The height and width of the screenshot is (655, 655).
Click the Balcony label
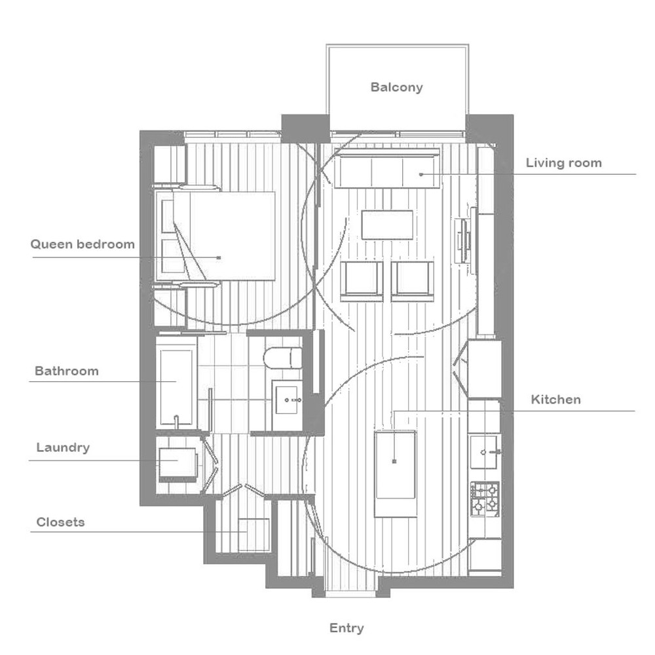click(396, 87)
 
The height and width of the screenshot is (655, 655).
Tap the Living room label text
click(563, 162)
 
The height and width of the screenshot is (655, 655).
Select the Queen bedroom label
click(83, 244)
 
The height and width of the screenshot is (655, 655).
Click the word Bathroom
click(66, 371)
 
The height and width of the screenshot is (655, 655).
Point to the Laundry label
click(63, 447)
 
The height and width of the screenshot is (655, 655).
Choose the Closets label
click(60, 522)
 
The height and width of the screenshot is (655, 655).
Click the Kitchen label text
click(555, 400)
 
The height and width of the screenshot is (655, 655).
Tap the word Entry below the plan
click(346, 628)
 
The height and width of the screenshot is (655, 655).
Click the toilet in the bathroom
click(283, 358)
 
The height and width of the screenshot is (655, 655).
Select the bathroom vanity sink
click(287, 400)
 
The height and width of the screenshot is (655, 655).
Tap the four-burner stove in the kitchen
click(485, 499)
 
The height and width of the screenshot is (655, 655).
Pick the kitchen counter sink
click(484, 452)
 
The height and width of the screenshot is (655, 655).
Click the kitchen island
click(395, 474)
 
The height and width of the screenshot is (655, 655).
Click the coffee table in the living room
click(387, 225)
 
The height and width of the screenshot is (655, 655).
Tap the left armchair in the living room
click(362, 281)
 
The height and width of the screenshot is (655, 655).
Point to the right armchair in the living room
click(412, 281)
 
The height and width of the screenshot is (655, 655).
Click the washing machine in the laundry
click(178, 464)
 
